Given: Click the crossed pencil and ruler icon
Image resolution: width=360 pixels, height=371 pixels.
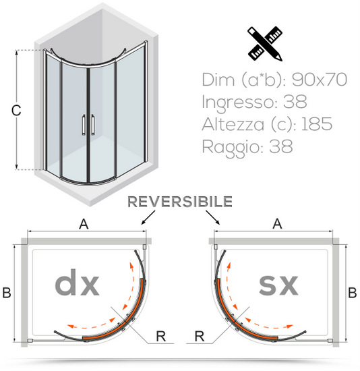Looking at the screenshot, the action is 265,44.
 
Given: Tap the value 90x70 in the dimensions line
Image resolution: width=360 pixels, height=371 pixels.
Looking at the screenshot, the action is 320,80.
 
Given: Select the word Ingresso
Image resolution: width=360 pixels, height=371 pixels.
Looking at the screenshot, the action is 239,103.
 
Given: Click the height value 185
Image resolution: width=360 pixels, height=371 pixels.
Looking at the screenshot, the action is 317,124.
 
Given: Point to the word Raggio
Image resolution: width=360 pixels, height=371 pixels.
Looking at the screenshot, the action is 233,148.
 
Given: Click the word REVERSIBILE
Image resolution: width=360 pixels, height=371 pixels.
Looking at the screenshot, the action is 180,202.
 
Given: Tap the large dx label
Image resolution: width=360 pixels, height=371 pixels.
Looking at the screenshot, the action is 77,282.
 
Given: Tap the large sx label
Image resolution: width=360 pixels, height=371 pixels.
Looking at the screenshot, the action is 278,285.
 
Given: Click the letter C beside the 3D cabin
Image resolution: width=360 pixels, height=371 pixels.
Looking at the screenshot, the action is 16,110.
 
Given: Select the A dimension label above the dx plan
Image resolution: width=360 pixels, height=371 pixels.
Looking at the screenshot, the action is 84,224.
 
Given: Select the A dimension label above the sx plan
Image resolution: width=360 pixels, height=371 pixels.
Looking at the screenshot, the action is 277,223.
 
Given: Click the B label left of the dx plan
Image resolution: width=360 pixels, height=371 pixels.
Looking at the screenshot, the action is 7,293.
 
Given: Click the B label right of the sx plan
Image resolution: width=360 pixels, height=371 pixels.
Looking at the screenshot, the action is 353,293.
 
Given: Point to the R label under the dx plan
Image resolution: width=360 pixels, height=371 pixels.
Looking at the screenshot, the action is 161,336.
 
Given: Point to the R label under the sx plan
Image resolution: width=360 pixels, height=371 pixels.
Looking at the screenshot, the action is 200,336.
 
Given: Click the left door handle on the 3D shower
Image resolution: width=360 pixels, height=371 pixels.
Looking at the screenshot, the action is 84,125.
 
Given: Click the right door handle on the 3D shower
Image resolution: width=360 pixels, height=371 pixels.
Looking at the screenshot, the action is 93,125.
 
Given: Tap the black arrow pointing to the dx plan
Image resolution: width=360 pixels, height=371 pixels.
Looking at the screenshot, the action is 148,217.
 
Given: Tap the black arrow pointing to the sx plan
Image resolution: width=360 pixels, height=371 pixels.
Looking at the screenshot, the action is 213,217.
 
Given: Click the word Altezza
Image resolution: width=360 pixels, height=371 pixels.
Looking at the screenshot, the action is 233,124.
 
